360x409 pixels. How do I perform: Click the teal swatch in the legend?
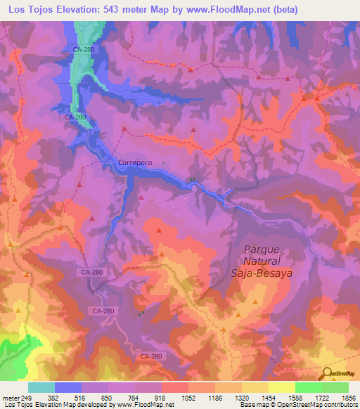click(41, 387)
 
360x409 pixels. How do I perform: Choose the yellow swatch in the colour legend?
click(281, 387)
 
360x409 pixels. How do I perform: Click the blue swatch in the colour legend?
click(68, 387)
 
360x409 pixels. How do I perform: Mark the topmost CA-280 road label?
click(83, 50)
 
